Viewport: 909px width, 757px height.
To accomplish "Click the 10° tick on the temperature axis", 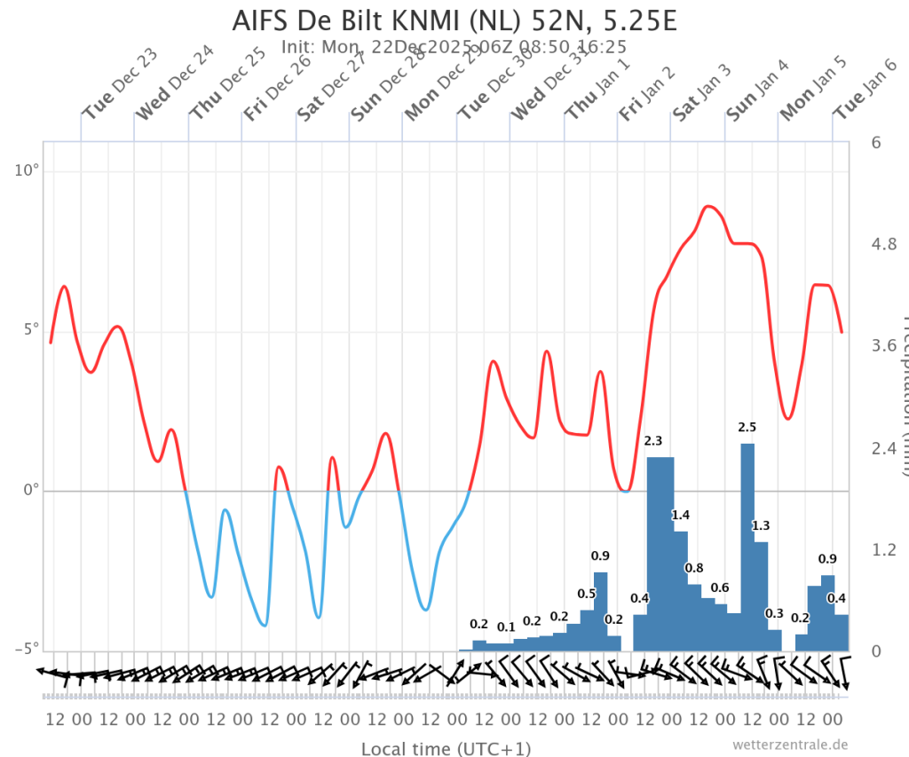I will click(28, 170).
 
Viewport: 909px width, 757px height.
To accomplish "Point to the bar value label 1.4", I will click(681, 515).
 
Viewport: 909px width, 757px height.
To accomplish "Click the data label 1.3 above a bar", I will click(761, 525).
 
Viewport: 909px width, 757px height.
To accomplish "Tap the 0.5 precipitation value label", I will click(587, 594).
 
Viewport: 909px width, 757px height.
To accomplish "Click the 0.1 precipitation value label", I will click(506, 627).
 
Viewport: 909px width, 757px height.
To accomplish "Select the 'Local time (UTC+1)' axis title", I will click(446, 748).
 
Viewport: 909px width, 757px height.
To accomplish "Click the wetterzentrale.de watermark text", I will click(791, 745).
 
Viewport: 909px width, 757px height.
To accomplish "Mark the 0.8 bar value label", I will click(694, 568).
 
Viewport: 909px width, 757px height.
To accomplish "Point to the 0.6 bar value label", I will click(720, 587).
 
